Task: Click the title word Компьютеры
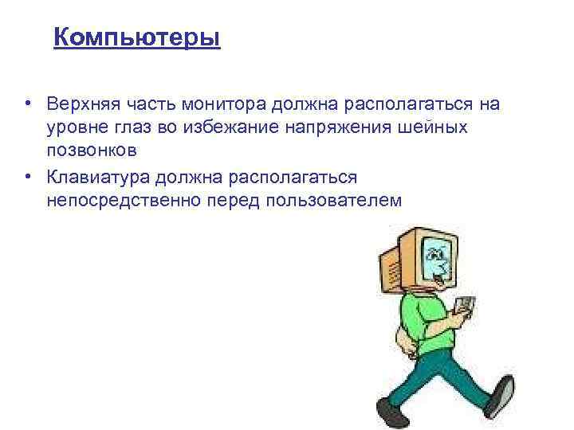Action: point(136,37)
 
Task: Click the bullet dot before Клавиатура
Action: point(28,176)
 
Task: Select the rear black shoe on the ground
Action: point(391,411)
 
